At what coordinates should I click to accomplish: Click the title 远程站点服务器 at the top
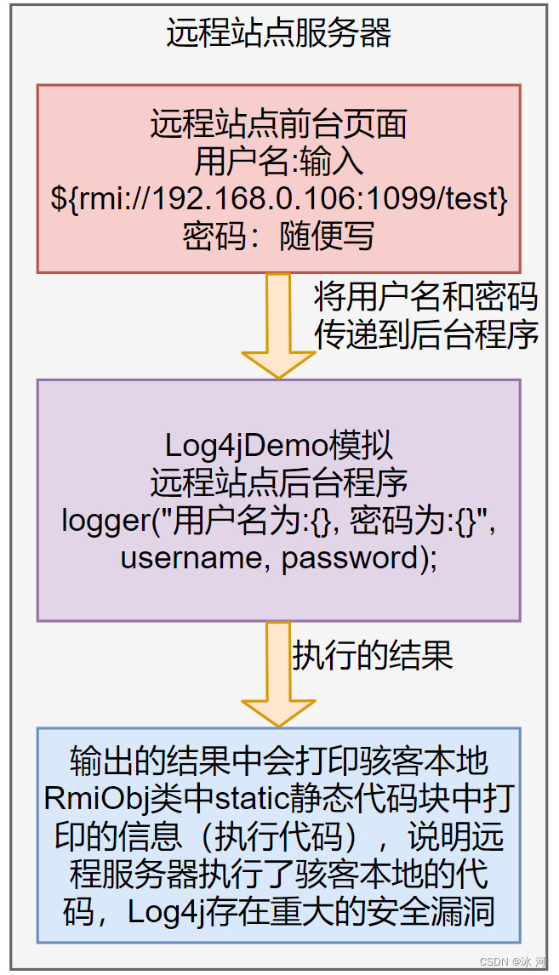click(x=279, y=34)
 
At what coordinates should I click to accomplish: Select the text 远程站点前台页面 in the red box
click(x=279, y=124)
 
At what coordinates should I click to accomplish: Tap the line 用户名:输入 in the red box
click(x=279, y=162)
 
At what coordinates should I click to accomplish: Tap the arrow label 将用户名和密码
click(x=425, y=297)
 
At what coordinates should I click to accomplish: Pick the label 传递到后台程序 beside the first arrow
click(x=425, y=334)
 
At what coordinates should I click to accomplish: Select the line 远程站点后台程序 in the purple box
click(x=279, y=482)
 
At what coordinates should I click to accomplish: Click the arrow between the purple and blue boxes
click(x=279, y=672)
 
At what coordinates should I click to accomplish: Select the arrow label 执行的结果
click(x=373, y=656)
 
